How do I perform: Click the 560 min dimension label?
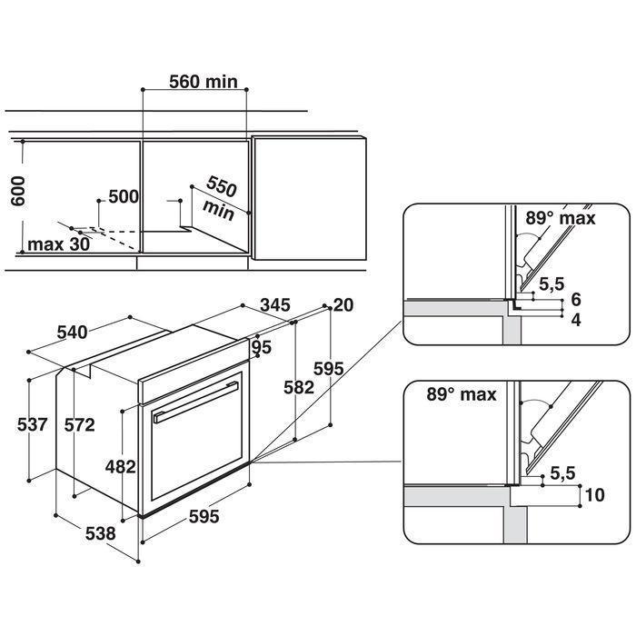(x=204, y=82)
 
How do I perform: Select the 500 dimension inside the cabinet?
(x=123, y=197)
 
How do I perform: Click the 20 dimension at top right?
(x=343, y=306)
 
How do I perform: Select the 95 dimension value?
(x=263, y=347)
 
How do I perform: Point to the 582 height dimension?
(x=299, y=386)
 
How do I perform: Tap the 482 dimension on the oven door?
(x=120, y=467)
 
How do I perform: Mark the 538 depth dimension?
(x=100, y=534)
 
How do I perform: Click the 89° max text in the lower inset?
(x=462, y=394)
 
